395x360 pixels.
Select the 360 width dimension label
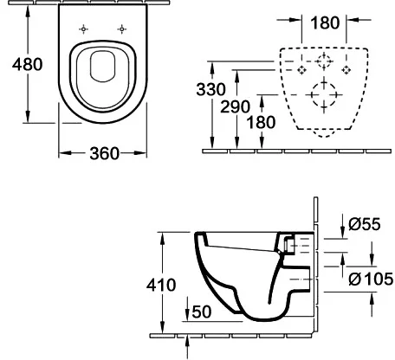[104, 153]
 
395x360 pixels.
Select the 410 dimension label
[162, 285]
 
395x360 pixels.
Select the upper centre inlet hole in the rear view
[324, 61]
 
